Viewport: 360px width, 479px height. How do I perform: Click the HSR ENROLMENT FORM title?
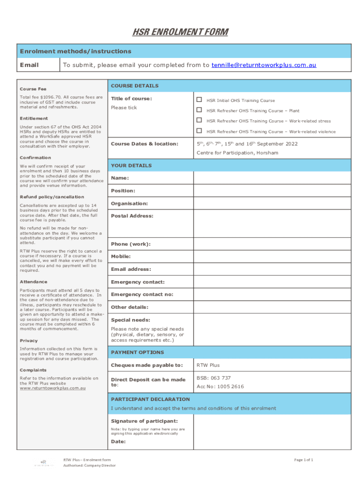click(x=180, y=32)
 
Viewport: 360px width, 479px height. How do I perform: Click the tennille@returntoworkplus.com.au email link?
click(x=264, y=65)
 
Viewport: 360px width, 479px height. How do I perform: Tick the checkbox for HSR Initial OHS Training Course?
click(x=199, y=100)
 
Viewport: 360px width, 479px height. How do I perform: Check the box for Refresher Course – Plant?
click(x=199, y=110)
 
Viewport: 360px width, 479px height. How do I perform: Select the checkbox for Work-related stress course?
click(x=199, y=121)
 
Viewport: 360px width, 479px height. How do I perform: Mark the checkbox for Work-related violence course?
click(x=199, y=131)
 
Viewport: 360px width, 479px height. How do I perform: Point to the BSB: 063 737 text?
click(x=214, y=378)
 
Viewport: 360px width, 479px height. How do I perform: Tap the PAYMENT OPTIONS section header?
click(x=137, y=352)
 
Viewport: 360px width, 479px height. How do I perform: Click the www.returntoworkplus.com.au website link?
click(x=52, y=388)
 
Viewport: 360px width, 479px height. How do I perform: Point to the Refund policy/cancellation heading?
click(x=52, y=197)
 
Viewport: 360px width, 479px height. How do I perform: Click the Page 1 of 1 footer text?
click(x=303, y=460)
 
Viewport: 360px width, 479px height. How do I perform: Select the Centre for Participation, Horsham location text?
click(x=237, y=153)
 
